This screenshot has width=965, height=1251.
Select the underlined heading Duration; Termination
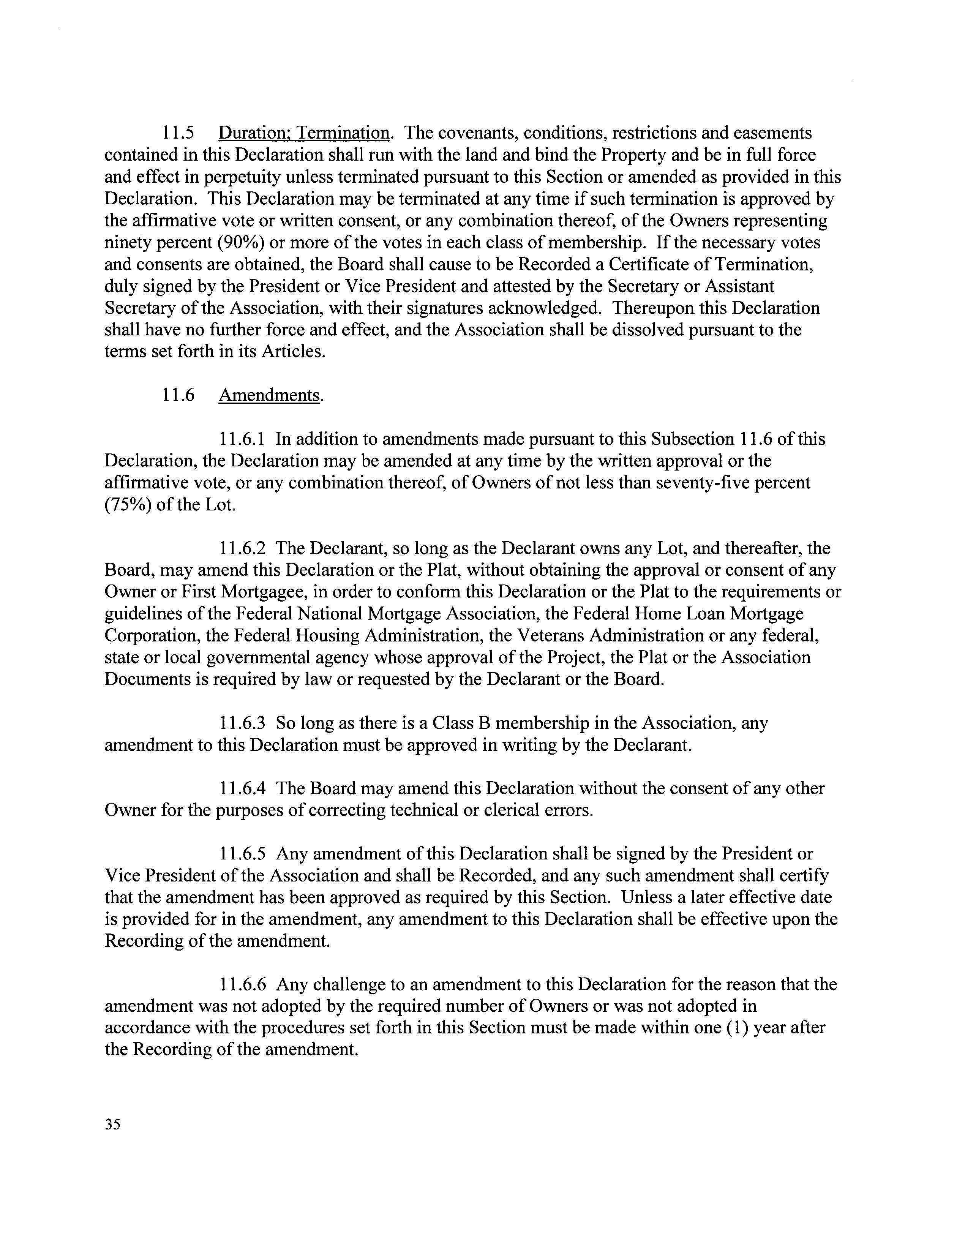[x=304, y=133]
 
